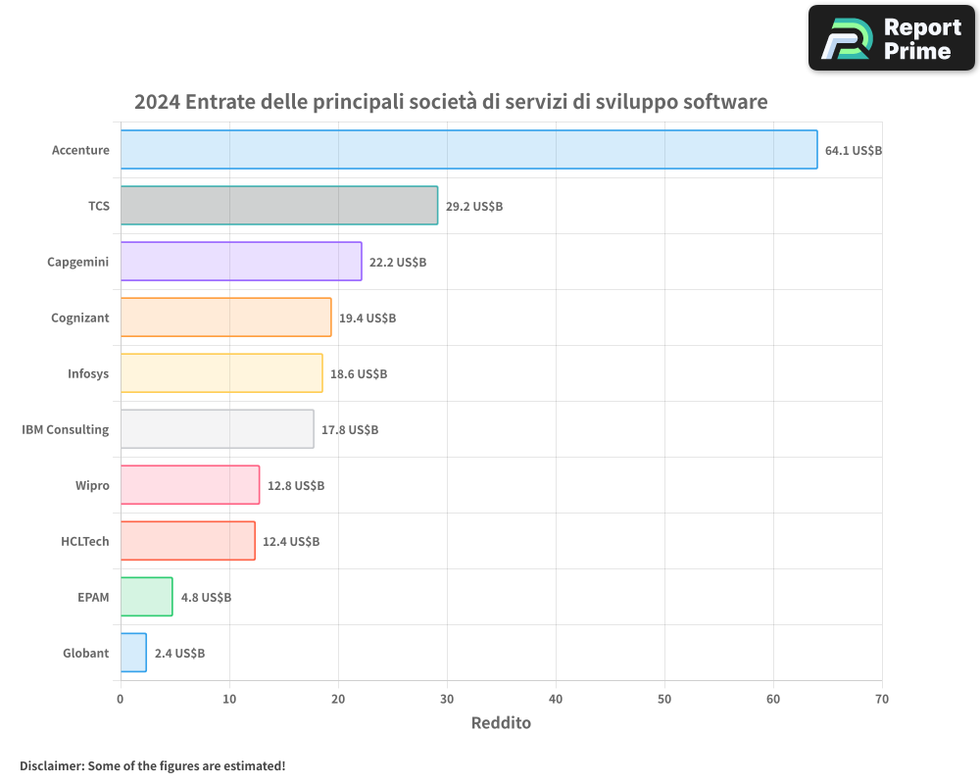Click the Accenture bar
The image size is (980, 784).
pos(468,149)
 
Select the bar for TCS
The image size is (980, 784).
pos(279,205)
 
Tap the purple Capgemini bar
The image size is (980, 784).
pos(241,262)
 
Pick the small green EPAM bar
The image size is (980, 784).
pos(146,597)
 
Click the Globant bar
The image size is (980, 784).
pos(133,653)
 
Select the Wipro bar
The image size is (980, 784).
pos(190,485)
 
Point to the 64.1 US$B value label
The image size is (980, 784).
pos(854,151)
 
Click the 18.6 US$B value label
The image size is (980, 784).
pos(359,374)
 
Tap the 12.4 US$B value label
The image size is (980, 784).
pos(291,542)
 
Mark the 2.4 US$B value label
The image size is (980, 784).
pos(179,654)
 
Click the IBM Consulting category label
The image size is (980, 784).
pos(66,429)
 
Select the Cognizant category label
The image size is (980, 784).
pos(80,318)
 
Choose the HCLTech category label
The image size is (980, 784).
pos(85,541)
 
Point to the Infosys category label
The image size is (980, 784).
pos(88,373)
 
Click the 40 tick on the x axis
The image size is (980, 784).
pos(556,699)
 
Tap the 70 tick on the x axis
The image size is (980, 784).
pos(882,699)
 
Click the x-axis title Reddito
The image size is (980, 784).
pos(501,723)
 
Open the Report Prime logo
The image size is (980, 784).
pos(891,38)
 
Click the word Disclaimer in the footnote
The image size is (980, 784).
pos(51,765)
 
